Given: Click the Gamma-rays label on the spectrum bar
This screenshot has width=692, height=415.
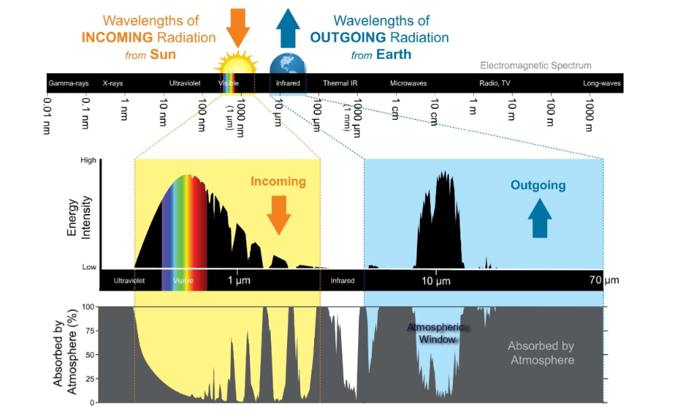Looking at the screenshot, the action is [68, 83].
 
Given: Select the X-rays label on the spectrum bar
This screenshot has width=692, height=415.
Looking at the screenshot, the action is [112, 83].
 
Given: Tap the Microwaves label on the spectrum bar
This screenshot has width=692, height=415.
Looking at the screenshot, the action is [408, 83].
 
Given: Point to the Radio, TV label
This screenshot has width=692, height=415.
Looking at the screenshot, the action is [495, 83].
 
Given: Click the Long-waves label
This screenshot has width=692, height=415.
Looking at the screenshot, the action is [601, 83].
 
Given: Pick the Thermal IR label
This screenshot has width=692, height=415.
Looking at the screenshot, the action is [340, 83].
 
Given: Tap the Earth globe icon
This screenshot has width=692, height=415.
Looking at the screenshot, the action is [288, 64].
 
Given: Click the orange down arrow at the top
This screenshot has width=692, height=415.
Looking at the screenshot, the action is [238, 28].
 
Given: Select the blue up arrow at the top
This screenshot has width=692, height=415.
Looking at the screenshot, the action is [288, 28].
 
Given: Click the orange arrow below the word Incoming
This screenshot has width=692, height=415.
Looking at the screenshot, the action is [278, 215].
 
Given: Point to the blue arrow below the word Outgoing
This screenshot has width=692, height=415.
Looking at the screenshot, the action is [540, 218].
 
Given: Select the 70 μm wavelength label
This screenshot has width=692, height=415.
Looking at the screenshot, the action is [604, 280].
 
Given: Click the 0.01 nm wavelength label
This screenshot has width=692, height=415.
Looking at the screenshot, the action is [47, 116].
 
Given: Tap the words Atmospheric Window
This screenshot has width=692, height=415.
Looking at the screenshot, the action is [437, 333].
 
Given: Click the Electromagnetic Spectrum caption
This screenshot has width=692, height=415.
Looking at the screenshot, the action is [536, 66].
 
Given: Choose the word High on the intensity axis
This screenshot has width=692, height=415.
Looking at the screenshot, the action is [88, 160].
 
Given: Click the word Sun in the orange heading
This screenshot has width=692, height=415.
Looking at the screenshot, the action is [163, 54].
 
